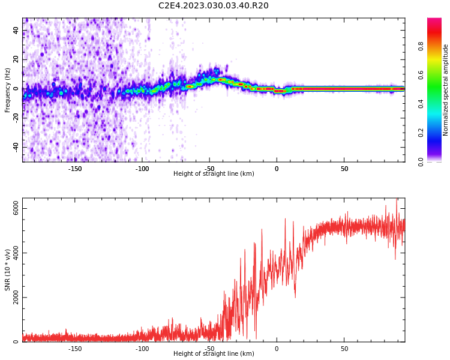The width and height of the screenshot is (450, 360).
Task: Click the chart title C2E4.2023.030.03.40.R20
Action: point(213,6)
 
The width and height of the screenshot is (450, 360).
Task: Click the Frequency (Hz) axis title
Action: point(8,89)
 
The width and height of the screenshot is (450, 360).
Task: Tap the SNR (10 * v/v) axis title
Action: point(8,269)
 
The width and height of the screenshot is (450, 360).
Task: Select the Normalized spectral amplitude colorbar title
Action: point(446,89)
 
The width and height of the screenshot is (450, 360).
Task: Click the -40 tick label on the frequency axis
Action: point(16,147)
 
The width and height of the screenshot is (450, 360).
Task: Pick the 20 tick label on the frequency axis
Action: point(16,59)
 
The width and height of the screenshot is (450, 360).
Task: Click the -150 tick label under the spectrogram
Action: point(75,169)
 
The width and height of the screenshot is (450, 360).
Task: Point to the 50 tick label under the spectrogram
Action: point(344,169)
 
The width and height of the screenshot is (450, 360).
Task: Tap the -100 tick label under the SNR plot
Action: point(142,349)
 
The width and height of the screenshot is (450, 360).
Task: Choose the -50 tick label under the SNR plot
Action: point(209,349)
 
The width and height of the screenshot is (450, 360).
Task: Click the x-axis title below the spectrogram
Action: point(214,174)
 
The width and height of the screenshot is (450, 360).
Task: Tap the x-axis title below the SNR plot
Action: point(214,354)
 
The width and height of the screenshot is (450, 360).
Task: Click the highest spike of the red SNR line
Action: point(396,200)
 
